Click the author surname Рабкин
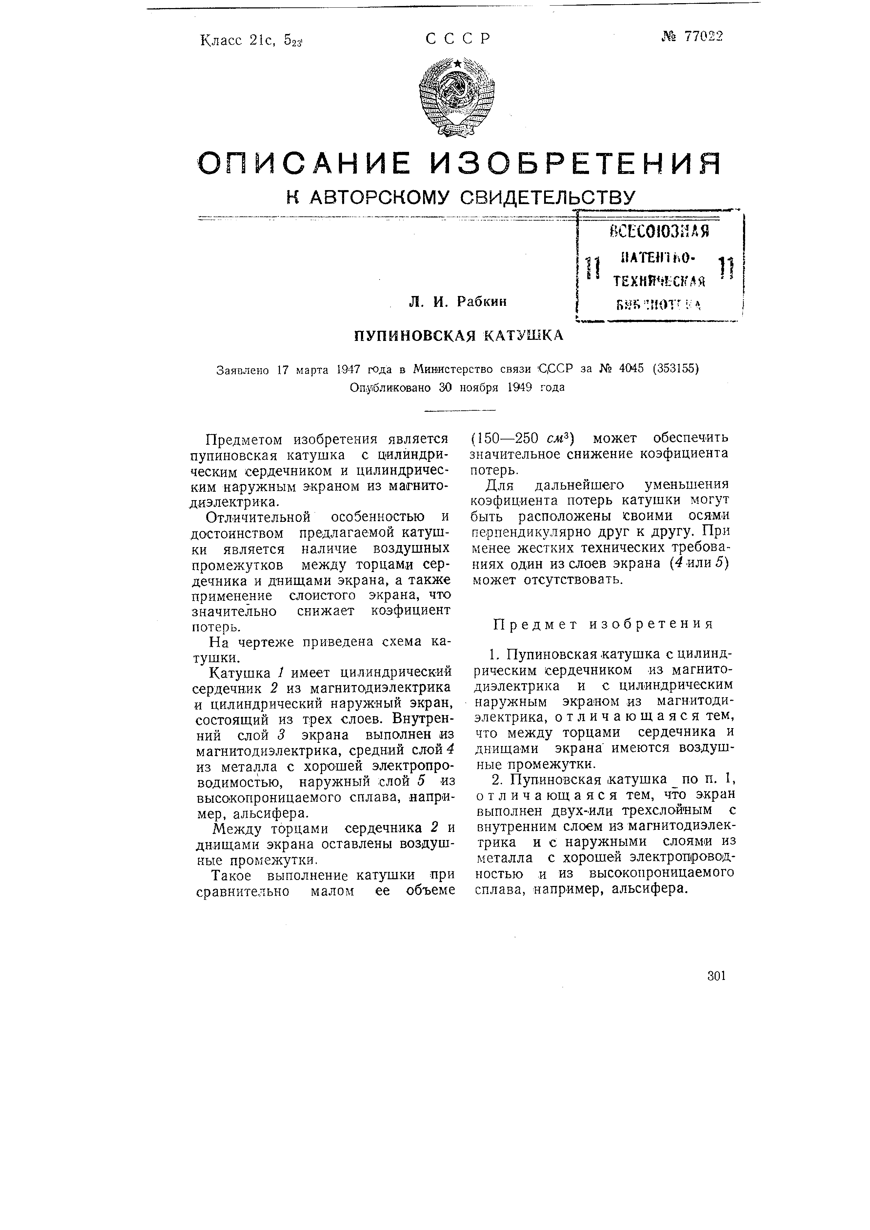click(481, 302)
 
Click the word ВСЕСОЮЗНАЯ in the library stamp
click(658, 231)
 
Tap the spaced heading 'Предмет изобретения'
click(603, 624)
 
